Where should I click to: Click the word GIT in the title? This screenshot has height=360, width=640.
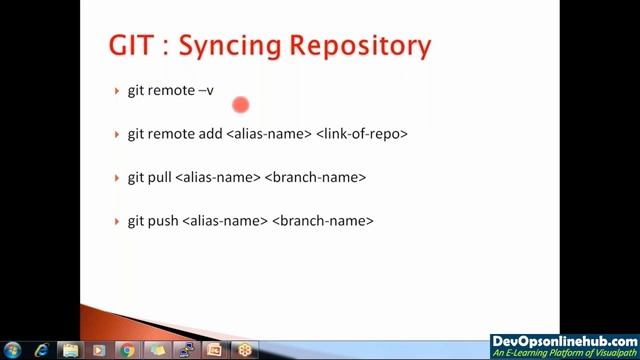[x=132, y=46]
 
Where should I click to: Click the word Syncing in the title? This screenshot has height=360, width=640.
[x=230, y=46]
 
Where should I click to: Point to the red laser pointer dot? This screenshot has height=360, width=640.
[x=240, y=105]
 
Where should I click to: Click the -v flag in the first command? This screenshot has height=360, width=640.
[x=206, y=90]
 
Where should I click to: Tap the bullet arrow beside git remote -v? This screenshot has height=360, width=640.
[x=117, y=91]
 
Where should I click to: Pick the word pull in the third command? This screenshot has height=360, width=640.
[x=159, y=177]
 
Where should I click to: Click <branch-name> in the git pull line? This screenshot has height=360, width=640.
[x=315, y=177]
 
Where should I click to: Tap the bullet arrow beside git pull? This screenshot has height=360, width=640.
[x=117, y=178]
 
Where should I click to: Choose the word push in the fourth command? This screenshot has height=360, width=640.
[x=162, y=220]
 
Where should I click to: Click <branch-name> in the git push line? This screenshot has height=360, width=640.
[x=322, y=220]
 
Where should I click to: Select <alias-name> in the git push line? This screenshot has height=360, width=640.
[x=225, y=220]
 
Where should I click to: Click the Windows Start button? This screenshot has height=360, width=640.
[x=13, y=349]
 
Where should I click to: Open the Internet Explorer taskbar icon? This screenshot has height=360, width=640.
[x=42, y=349]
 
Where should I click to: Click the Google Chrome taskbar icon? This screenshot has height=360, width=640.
[x=127, y=350]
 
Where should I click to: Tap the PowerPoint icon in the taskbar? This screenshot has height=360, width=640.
[x=213, y=350]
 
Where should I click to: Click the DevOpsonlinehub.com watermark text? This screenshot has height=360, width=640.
[x=564, y=341]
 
